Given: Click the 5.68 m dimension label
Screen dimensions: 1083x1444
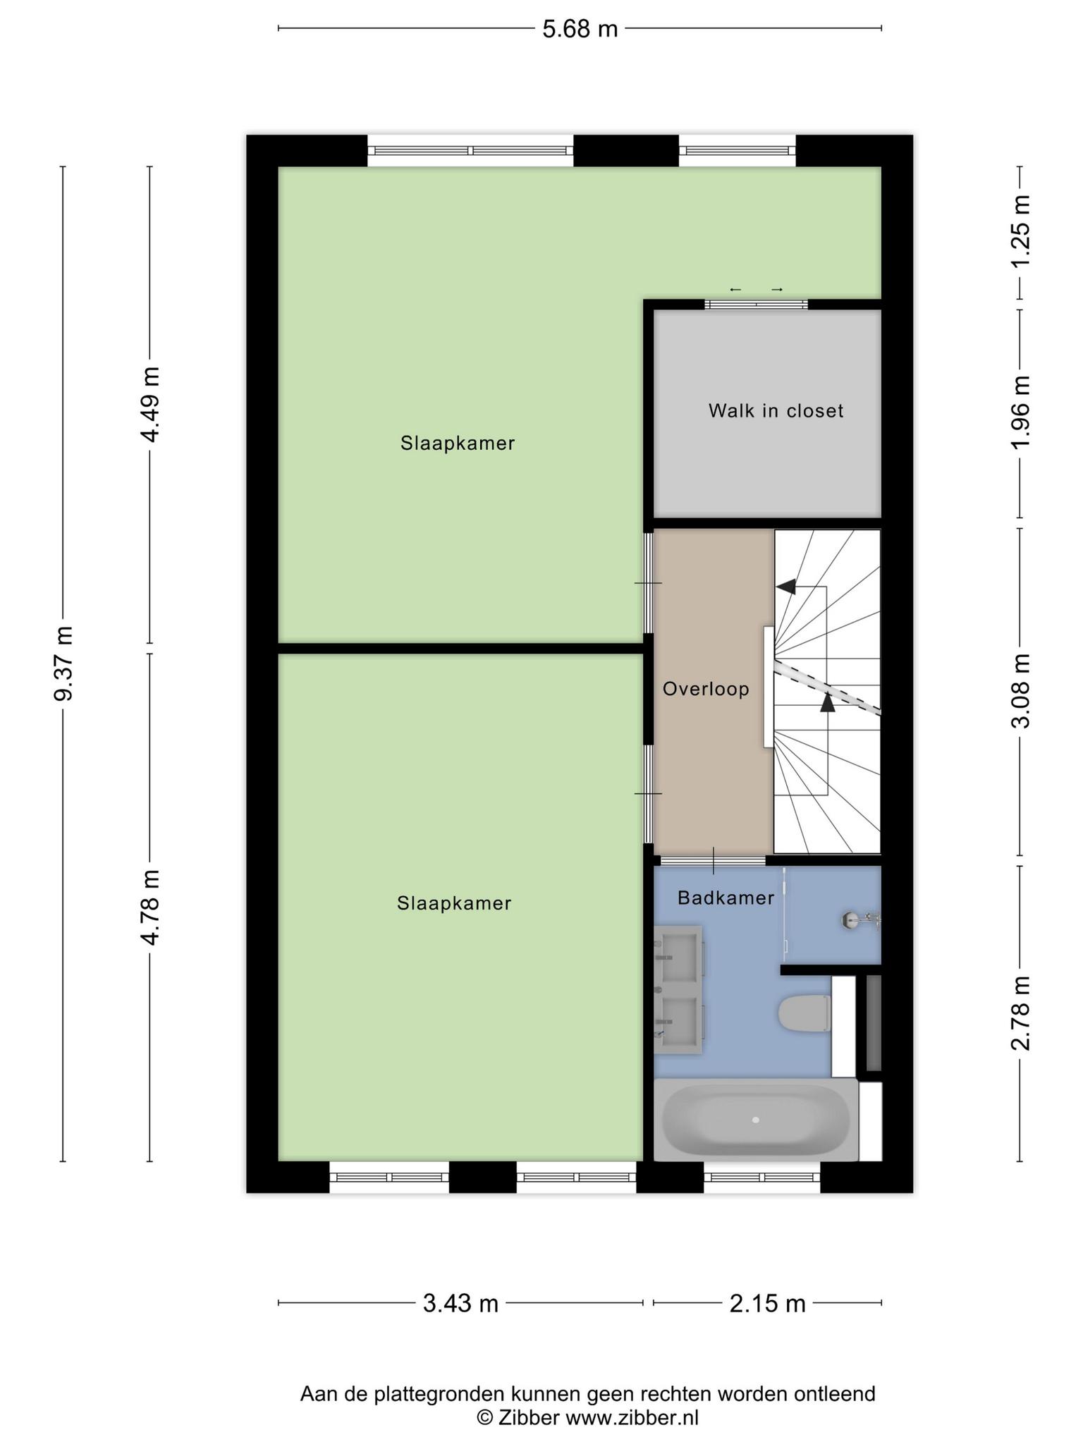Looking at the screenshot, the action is coord(580,29).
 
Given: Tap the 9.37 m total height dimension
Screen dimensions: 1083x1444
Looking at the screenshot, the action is coord(63,663).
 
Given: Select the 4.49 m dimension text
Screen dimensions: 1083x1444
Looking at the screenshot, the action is coord(149,404).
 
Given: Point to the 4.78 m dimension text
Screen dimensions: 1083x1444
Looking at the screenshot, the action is coord(149,907).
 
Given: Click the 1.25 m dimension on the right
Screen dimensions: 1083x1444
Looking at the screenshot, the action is coord(1020,231).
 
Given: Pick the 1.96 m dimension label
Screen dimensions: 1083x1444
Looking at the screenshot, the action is coord(1020,411).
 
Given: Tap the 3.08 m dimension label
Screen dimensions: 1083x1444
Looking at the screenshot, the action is coord(1020,692).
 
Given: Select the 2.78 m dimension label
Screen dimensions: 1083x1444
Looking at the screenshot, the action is coord(1020,1013).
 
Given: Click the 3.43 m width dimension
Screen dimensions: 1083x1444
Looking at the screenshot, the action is coord(460,1304).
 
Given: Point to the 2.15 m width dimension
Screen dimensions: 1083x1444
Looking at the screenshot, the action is coord(767,1304).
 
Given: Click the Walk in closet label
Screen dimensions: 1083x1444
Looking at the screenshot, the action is coord(776,410).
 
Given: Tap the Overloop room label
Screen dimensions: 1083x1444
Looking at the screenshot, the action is coord(706,689).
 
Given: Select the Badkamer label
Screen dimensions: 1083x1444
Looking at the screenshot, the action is coord(726,898).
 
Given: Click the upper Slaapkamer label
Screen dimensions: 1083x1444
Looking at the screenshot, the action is coord(458,443).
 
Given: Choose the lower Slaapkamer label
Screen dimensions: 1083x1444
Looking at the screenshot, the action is coord(454,902).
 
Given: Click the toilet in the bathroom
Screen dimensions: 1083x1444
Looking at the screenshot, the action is coord(805,1013).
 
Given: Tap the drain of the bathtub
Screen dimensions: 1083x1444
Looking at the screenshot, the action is coord(755,1120).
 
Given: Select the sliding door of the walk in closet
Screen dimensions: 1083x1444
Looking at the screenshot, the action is coord(757,304).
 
